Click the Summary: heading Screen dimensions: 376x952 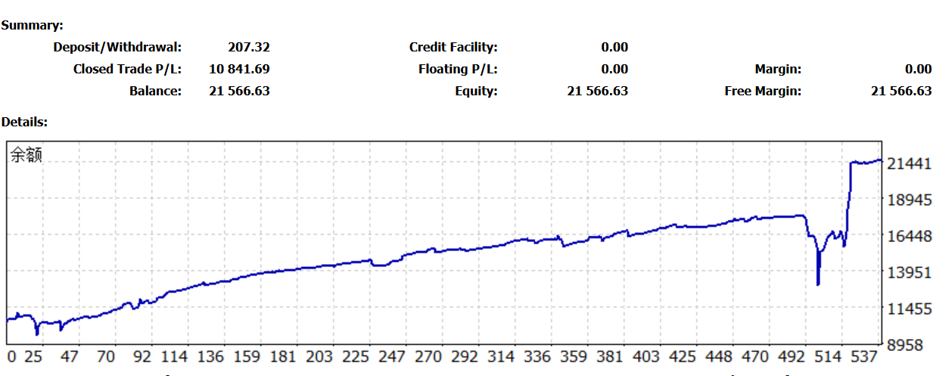tap(33, 25)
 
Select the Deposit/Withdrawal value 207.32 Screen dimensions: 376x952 tap(248, 47)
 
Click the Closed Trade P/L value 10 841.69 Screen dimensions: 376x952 tap(239, 69)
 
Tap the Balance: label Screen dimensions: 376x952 tap(156, 91)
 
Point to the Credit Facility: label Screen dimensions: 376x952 tap(453, 47)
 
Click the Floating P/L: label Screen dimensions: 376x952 tap(458, 69)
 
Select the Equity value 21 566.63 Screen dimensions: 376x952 tap(597, 91)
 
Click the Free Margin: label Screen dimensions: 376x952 tap(763, 91)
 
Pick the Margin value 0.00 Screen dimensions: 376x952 tap(918, 69)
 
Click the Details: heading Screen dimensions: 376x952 tap(25, 121)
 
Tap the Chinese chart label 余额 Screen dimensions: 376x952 tap(26, 156)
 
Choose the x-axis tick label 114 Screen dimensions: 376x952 tap(174, 356)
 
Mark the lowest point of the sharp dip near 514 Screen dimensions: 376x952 tap(818, 284)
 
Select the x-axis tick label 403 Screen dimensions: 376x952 tap(646, 356)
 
